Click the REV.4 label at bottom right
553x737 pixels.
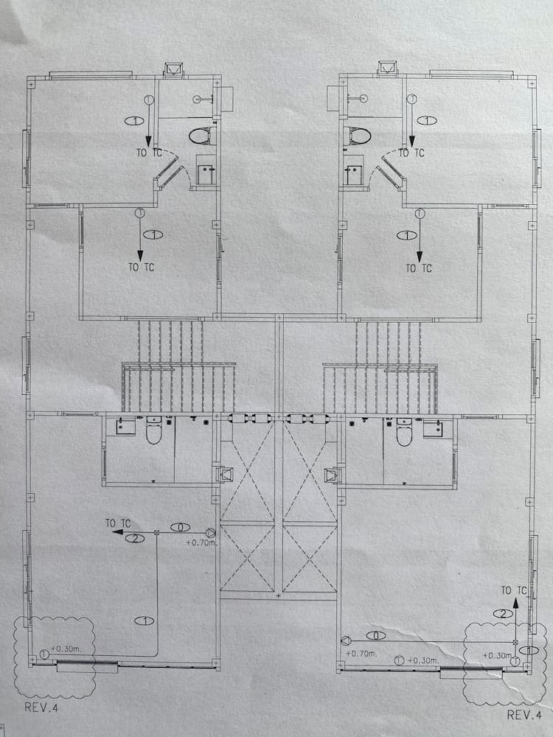pos(525,714)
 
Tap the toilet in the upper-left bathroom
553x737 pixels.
pos(201,136)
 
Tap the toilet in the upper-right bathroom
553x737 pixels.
pos(358,136)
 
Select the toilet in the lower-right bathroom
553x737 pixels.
pos(404,433)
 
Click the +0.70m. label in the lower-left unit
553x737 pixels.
pos(201,543)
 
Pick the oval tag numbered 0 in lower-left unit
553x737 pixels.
pos(179,527)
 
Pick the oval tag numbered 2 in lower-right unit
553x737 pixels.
pos(503,613)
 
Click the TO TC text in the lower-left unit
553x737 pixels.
pos(117,523)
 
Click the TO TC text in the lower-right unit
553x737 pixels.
pos(514,590)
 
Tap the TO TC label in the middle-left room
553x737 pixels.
pos(142,268)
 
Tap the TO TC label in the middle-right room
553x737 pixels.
pos(419,268)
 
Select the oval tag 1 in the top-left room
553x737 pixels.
pos(135,119)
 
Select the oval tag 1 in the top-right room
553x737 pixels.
pos(426,119)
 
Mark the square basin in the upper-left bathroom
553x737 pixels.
pos(206,172)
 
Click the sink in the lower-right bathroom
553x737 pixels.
pos(432,427)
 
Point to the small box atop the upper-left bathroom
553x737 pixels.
pos(174,69)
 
